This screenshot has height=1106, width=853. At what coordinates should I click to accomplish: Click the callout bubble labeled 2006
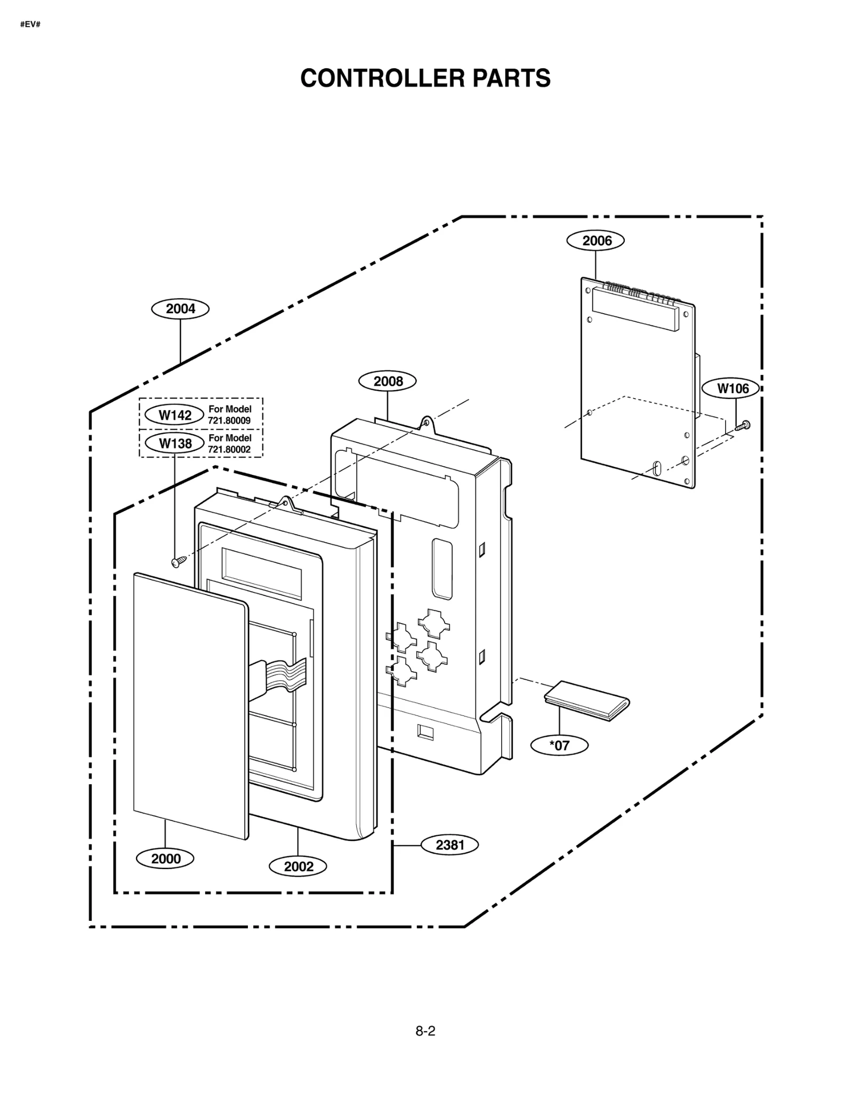[596, 241]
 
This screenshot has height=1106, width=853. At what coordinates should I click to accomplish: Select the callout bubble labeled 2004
[180, 309]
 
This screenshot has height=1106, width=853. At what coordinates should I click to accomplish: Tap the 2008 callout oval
[388, 381]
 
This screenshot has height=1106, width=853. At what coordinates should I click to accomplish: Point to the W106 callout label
[733, 388]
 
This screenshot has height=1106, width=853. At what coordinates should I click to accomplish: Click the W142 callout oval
[175, 415]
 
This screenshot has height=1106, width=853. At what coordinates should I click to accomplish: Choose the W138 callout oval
[175, 443]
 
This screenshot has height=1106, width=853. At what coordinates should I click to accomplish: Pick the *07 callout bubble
[559, 745]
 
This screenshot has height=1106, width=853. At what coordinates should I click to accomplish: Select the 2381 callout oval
[450, 845]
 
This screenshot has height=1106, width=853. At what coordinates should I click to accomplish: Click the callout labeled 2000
[165, 859]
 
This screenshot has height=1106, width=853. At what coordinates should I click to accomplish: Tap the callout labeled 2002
[298, 866]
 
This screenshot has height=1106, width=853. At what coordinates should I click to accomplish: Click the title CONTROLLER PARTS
[425, 78]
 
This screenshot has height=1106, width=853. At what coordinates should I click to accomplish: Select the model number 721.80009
[229, 420]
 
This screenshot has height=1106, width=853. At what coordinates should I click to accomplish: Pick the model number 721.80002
[229, 449]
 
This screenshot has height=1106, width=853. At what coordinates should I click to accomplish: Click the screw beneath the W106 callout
[742, 425]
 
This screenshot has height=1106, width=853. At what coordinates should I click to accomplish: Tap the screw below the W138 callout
[178, 561]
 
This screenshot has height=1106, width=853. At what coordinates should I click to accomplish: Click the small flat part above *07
[586, 700]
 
